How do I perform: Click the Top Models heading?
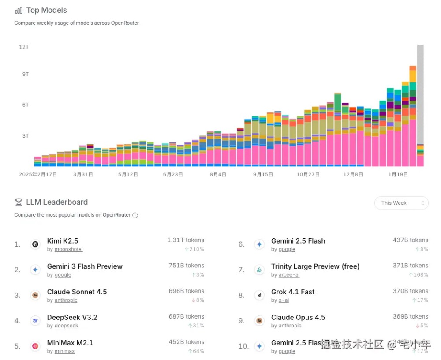(46, 10)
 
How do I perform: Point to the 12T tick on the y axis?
(24, 47)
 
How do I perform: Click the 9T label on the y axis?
(26, 74)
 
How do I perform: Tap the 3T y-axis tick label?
(26, 135)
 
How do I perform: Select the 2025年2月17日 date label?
(38, 174)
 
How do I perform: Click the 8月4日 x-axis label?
(218, 174)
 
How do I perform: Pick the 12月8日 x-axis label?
(353, 174)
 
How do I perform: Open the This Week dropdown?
(401, 203)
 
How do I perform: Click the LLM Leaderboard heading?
(56, 202)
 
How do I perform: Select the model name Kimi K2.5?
(62, 241)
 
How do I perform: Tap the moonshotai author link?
(68, 249)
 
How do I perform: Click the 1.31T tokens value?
(186, 240)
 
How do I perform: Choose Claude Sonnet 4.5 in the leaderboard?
(77, 292)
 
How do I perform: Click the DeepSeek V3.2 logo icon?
(35, 321)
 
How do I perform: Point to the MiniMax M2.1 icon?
(35, 346)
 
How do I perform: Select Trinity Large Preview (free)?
(315, 266)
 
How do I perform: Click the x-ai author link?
(284, 300)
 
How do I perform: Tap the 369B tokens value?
(410, 316)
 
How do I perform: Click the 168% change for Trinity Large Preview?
(419, 275)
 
